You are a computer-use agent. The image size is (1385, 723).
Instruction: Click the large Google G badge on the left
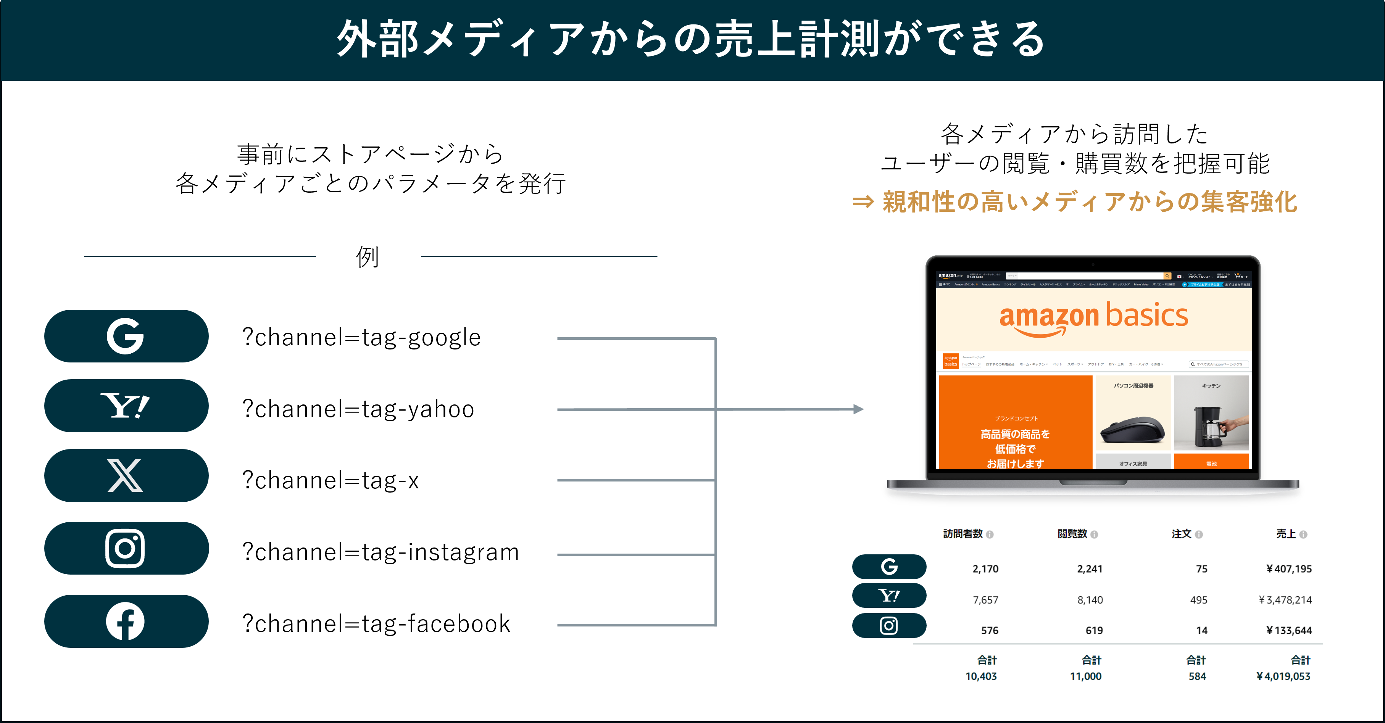coord(126,336)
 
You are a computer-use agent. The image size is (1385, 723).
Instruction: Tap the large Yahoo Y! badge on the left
coord(126,406)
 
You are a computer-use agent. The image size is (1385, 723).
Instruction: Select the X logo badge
coord(126,476)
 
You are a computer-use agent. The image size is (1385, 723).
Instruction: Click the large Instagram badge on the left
coord(126,548)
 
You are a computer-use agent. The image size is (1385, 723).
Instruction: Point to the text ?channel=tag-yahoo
coord(358,409)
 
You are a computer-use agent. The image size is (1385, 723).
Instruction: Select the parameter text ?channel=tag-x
coord(330,480)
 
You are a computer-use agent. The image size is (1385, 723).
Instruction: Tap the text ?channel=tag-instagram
coord(381,552)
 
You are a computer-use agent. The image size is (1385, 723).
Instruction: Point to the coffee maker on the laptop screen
coord(1210,426)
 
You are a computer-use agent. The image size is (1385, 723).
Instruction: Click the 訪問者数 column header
coord(963,534)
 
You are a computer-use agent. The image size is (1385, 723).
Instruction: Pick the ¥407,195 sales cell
coord(1289,569)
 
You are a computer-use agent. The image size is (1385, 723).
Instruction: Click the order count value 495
coord(1198,600)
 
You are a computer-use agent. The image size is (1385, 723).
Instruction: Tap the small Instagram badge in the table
coord(889,626)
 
